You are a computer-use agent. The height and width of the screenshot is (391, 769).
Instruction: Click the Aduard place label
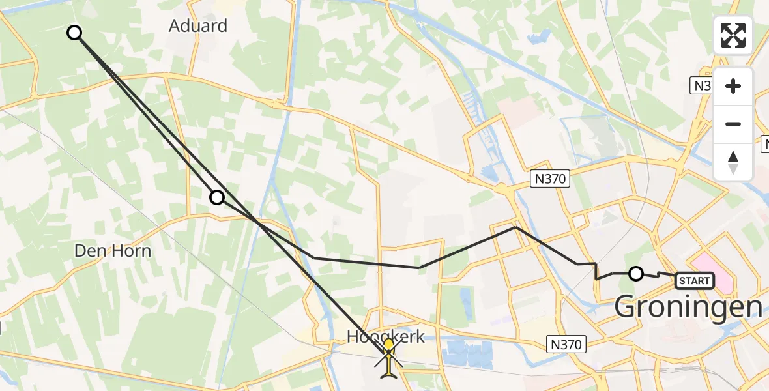tap(198, 26)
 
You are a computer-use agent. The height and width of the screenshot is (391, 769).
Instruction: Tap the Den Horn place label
tap(113, 251)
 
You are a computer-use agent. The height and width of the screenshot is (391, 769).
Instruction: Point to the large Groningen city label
tap(688, 306)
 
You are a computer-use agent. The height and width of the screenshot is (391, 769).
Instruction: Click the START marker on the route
tap(695, 281)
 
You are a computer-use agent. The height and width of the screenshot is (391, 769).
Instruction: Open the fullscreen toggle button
tap(733, 35)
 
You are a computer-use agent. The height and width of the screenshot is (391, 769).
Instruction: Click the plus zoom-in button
tap(733, 86)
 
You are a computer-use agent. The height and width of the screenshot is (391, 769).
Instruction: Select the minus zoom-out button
tap(733, 124)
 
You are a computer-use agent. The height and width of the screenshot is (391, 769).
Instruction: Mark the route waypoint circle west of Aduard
tap(75, 33)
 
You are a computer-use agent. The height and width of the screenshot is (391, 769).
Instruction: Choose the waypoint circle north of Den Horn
tap(216, 197)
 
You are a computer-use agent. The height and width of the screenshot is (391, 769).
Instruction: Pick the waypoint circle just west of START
tap(636, 274)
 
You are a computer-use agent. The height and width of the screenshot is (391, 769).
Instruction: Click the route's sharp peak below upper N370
tap(515, 227)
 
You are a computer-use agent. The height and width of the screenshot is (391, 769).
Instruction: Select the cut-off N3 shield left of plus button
tap(701, 85)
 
